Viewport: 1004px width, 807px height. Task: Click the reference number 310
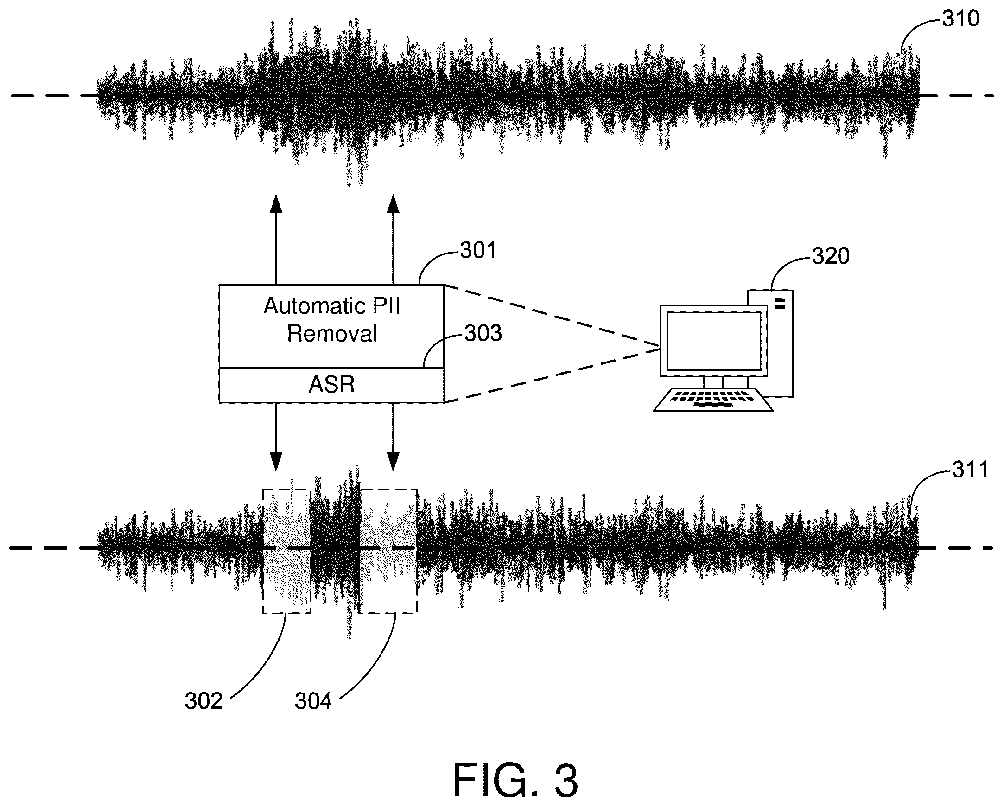(961, 19)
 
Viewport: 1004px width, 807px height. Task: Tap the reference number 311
(970, 470)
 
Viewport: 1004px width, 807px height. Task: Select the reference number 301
(478, 250)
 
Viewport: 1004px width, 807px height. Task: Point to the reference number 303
(483, 333)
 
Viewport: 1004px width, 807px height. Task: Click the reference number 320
(831, 256)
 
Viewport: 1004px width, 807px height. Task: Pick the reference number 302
(203, 701)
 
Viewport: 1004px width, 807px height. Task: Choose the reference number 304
(313, 701)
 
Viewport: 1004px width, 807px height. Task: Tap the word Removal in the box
(331, 334)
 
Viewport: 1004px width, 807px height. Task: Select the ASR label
(331, 385)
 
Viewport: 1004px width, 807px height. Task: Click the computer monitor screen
(714, 341)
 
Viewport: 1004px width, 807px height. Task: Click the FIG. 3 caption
(515, 780)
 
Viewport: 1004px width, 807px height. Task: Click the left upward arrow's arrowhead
(276, 203)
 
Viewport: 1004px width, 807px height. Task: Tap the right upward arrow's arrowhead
(394, 203)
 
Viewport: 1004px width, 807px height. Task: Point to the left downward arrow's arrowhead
(276, 462)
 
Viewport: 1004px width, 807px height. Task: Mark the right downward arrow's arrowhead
(394, 462)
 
